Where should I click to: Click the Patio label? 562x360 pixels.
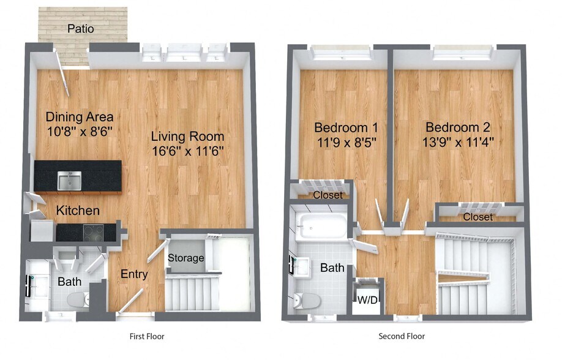[81, 29]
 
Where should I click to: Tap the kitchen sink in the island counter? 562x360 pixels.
[69, 181]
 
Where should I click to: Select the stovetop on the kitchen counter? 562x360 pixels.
[93, 233]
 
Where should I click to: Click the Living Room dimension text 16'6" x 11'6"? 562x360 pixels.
[188, 151]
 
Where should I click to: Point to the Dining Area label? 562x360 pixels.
[80, 117]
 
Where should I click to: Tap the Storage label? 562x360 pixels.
[186, 258]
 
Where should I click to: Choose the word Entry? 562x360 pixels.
[134, 274]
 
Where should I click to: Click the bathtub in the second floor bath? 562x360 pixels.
[323, 226]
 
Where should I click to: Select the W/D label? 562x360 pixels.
[367, 300]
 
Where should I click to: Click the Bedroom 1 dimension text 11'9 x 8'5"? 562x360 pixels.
[347, 143]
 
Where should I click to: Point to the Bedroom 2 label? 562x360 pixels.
[458, 127]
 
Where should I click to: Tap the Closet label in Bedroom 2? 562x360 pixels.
[478, 217]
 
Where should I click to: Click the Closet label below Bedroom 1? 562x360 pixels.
[328, 195]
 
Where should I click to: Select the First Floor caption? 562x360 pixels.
[147, 336]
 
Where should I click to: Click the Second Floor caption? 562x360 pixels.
[402, 336]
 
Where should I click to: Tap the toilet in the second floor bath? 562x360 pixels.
[307, 301]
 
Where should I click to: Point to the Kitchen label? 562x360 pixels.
[78, 211]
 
